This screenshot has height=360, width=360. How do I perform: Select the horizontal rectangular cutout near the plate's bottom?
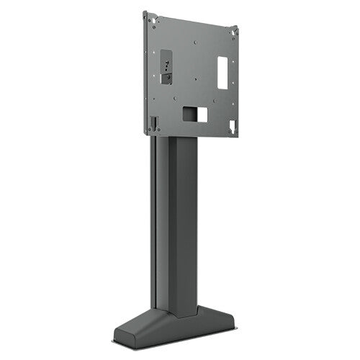pos(194,114)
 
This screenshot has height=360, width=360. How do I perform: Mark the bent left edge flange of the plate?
pos(145,72)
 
